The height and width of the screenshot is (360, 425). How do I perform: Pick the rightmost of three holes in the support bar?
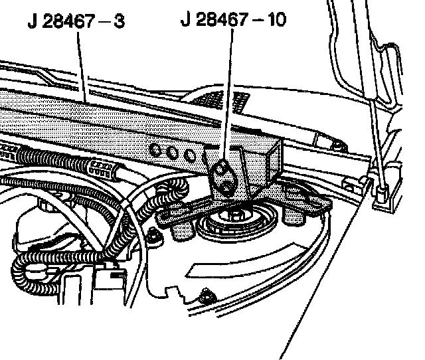tap(191, 155)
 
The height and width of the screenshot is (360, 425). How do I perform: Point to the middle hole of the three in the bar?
tap(173, 152)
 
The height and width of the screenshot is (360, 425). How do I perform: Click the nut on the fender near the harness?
tap(155, 234)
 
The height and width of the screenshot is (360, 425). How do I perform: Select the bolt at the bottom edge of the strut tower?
tap(209, 295)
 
